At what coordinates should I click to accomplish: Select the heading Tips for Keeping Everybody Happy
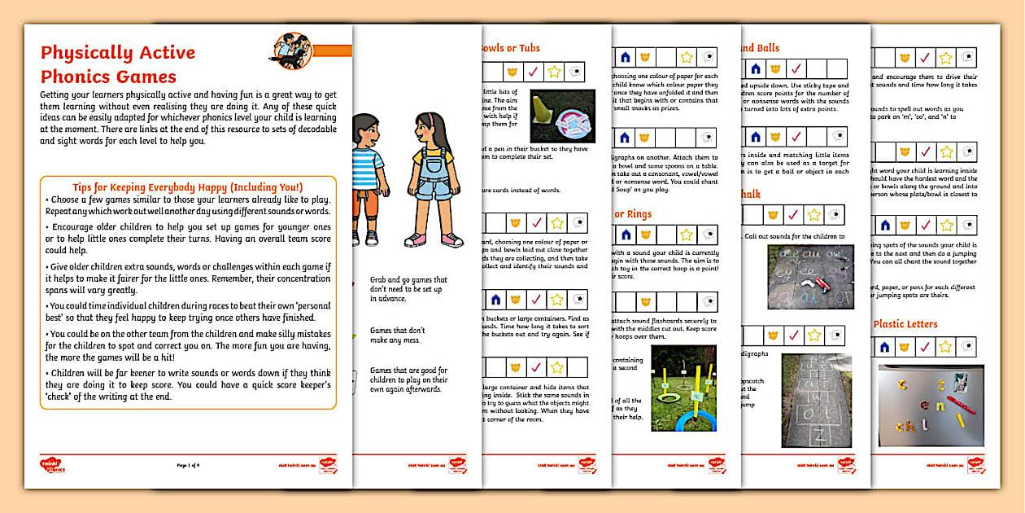point(187,186)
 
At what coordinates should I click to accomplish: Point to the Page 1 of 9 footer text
point(188,466)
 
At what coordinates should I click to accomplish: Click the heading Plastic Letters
point(905,324)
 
